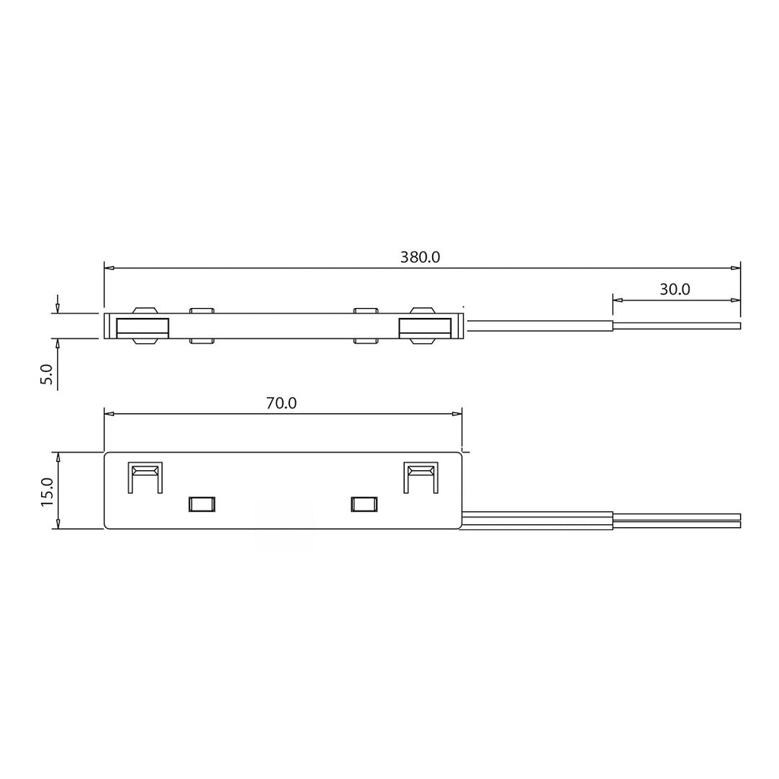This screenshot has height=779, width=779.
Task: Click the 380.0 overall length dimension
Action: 420,257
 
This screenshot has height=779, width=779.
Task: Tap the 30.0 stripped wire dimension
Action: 675,289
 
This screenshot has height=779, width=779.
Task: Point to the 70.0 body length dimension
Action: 281,403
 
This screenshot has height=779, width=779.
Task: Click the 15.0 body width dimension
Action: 46,491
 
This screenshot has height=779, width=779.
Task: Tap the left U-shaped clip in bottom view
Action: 145,478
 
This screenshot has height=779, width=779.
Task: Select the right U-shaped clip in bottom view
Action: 421,478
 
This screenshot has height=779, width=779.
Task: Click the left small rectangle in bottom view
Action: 201,504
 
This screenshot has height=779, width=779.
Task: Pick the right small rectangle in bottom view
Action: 364,504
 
